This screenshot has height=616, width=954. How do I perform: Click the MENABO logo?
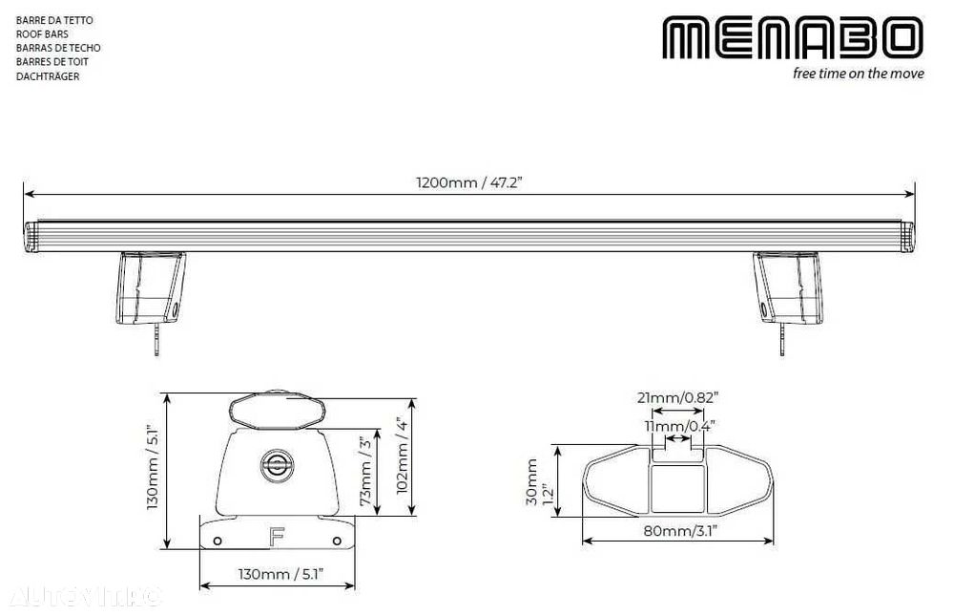pyautogui.click(x=793, y=38)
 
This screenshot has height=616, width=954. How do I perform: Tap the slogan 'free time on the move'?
pyautogui.click(x=858, y=74)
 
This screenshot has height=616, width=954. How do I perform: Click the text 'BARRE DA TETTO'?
pyautogui.click(x=54, y=20)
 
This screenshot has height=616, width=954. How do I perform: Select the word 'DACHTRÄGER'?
pyautogui.click(x=48, y=76)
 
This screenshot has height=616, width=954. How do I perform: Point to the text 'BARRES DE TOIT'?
pyautogui.click(x=52, y=61)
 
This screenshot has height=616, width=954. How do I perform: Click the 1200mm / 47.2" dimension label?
pyautogui.click(x=469, y=182)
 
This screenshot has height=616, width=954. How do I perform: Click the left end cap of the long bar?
pyautogui.click(x=31, y=237)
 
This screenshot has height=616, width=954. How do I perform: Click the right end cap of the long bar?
pyautogui.click(x=907, y=237)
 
